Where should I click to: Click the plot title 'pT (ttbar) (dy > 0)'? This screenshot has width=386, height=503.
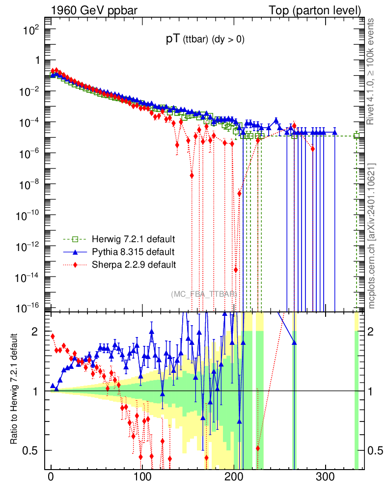tap(205, 40)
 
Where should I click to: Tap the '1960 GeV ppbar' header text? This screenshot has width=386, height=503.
tap(89, 10)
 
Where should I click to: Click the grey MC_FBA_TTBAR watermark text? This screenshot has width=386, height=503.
tap(203, 294)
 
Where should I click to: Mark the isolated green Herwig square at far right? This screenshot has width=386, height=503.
tap(357, 136)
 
